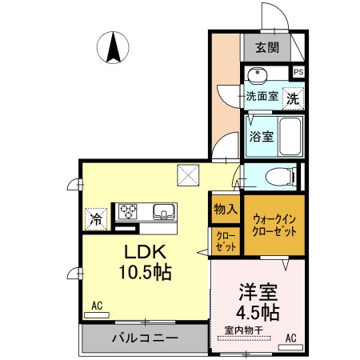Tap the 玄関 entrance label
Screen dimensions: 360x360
click(267, 48)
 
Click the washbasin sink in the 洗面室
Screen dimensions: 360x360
click(258, 76)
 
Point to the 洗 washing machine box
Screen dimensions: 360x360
click(294, 99)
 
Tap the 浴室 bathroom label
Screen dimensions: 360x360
click(260, 136)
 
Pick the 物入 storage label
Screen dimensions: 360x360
click(226, 210)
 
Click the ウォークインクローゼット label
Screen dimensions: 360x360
click(274, 224)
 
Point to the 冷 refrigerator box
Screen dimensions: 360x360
click(96, 216)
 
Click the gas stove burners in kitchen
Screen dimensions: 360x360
click(129, 211)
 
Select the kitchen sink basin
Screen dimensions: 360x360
click(165, 212)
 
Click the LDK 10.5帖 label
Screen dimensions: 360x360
click(146, 261)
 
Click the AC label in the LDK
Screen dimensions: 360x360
click(97, 305)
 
